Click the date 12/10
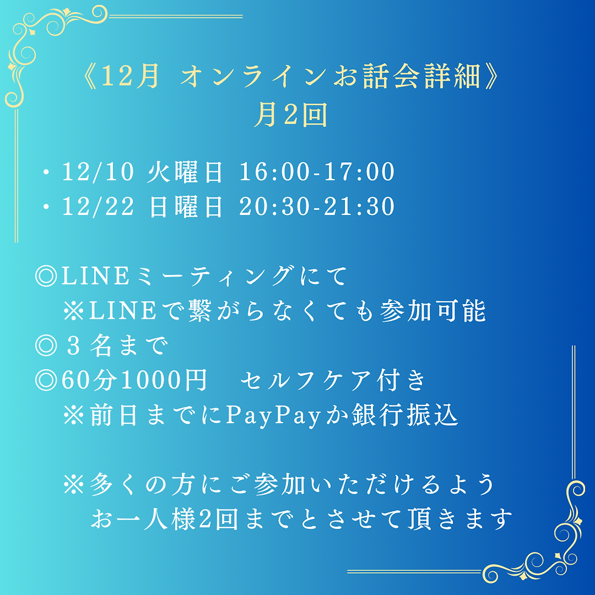(x=98, y=172)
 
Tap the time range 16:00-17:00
(x=317, y=172)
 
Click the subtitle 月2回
(x=291, y=115)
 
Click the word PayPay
(x=273, y=416)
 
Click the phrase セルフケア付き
(x=333, y=381)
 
